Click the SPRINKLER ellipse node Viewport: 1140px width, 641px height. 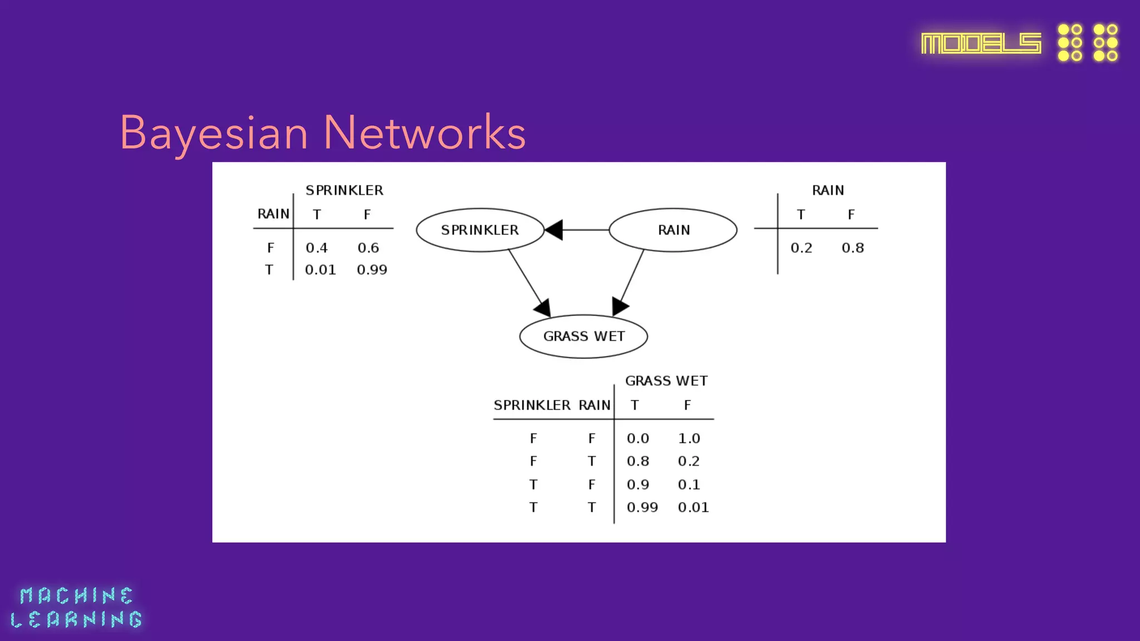(480, 230)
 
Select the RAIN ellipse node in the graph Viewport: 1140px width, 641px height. (673, 230)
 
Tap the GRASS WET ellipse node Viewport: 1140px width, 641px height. (583, 336)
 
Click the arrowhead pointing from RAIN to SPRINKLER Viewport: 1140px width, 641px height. (554, 230)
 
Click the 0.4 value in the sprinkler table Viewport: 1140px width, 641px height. (316, 248)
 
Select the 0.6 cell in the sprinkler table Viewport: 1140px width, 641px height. (368, 248)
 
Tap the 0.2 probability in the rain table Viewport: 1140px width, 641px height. (801, 248)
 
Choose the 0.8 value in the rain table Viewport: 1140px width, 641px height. (852, 248)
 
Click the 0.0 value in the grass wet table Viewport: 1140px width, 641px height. (637, 438)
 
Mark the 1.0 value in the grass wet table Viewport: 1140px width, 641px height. (689, 438)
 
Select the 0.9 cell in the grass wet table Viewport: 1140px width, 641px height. (637, 485)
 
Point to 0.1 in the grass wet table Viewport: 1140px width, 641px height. (689, 485)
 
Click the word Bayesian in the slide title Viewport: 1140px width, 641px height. (214, 134)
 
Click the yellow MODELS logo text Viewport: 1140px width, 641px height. (981, 43)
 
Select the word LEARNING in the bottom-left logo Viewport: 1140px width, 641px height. (76, 619)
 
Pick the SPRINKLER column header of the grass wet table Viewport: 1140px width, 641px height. (532, 405)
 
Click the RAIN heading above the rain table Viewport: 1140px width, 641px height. (828, 190)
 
